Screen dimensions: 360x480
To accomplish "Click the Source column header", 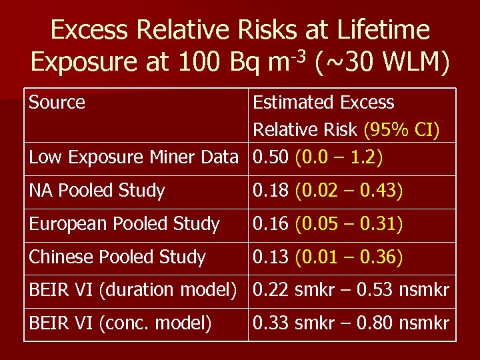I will pos(57,103).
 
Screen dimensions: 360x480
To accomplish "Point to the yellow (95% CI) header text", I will pos(402,130).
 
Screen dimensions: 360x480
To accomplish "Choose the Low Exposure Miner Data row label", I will pos(133,157).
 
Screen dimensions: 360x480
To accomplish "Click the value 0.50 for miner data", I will pos(269,157).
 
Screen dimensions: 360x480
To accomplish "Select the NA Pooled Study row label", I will pos(97,191).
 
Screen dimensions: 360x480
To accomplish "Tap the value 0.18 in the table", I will pos(269,191).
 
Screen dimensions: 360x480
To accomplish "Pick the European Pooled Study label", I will pos(124,224).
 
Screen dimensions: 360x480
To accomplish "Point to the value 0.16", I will pos(269,224).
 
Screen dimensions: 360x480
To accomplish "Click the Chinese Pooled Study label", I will pos(117,257).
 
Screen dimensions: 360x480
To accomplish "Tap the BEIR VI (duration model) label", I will pos(133,291).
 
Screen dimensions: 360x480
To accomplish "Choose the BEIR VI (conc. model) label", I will pos(120,324).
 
